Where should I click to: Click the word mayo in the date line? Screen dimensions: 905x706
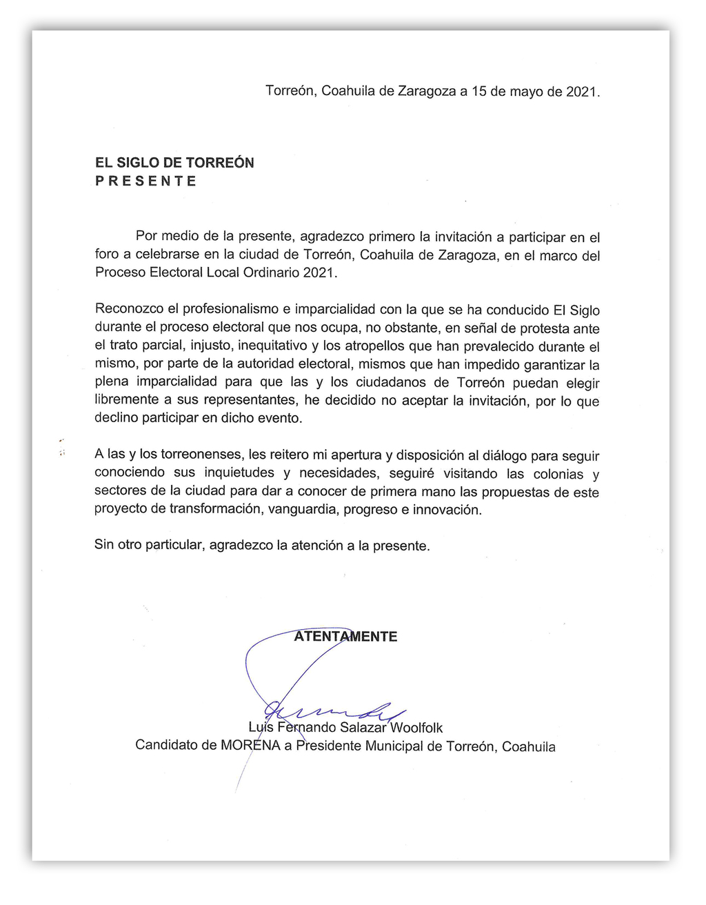(x=526, y=92)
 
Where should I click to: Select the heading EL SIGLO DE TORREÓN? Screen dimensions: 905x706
(x=174, y=163)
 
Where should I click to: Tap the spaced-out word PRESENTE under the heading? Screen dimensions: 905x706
(x=146, y=181)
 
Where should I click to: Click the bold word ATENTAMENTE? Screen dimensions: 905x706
(x=345, y=637)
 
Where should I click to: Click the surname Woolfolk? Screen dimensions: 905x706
(x=417, y=728)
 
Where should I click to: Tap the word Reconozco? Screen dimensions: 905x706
(x=128, y=310)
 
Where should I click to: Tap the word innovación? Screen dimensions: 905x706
(x=447, y=510)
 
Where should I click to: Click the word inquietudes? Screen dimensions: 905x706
(x=239, y=473)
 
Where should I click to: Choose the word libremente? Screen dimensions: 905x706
(x=125, y=400)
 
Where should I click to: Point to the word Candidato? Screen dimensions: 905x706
(x=165, y=746)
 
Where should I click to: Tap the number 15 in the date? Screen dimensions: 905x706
(x=478, y=92)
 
